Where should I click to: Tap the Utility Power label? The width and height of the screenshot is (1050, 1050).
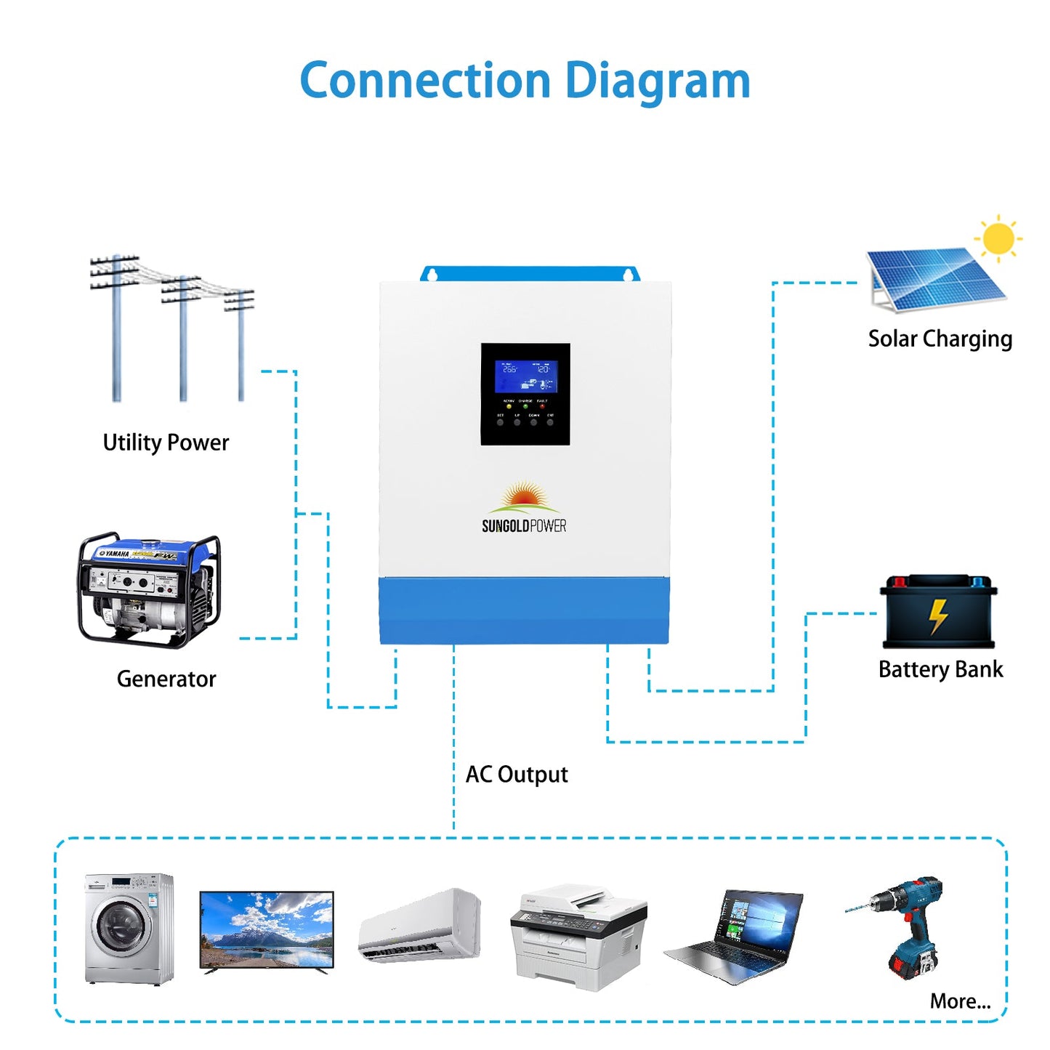(166, 443)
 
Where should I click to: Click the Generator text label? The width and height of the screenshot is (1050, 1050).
(166, 679)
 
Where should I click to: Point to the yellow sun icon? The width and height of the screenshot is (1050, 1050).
(998, 238)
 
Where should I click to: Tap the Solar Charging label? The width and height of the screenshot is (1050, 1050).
(940, 339)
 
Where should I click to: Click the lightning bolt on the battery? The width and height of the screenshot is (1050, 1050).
(938, 616)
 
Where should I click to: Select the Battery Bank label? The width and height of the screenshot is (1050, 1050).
(940, 669)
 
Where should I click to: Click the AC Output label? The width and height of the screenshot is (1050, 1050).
(517, 775)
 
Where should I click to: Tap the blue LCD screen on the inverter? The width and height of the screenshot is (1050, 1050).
(526, 377)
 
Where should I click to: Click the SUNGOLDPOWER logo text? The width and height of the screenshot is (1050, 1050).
(524, 526)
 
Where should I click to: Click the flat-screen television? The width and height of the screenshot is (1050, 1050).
(267, 931)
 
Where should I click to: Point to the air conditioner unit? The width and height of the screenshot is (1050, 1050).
(420, 926)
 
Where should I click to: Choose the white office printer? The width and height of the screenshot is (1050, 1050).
(578, 937)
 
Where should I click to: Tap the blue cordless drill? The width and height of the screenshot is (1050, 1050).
(908, 923)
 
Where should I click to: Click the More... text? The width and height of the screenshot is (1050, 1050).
(960, 1001)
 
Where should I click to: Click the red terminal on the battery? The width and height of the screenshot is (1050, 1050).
(900, 581)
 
